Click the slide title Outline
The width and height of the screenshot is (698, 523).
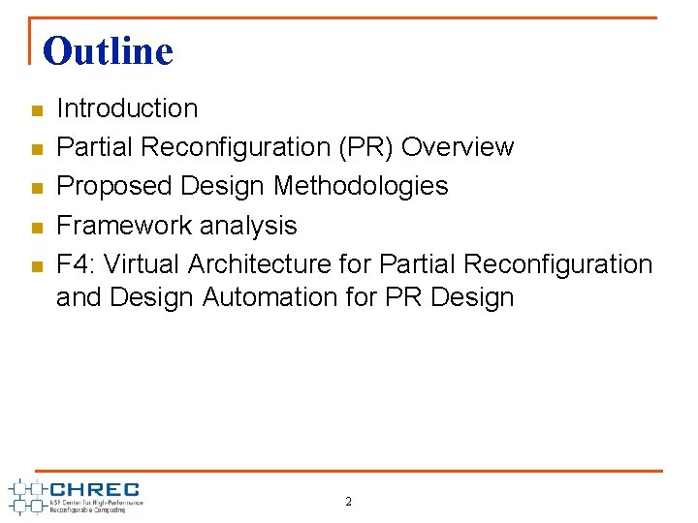(108, 50)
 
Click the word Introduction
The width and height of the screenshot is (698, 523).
(127, 108)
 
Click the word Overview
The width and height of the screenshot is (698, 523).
(458, 147)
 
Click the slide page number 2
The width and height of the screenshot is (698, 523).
(349, 502)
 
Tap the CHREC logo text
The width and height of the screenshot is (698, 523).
(95, 489)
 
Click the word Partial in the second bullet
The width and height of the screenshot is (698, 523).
(94, 147)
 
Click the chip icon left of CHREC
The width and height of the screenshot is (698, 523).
(26, 495)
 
